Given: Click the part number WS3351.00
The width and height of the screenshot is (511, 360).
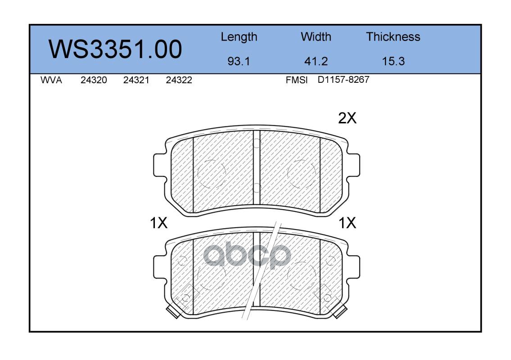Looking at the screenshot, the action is click(x=115, y=49).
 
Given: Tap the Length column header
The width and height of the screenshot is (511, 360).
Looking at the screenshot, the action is click(x=239, y=37).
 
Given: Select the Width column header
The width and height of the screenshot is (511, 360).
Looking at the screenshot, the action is click(x=316, y=36).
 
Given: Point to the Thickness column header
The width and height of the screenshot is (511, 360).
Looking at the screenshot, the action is click(x=393, y=36).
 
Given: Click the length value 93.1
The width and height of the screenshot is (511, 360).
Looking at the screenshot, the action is click(x=239, y=61).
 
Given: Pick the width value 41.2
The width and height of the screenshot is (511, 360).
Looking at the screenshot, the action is click(x=316, y=61).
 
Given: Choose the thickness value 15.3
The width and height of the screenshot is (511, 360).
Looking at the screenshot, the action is click(x=393, y=61).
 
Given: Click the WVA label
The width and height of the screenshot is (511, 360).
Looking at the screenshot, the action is click(x=51, y=80).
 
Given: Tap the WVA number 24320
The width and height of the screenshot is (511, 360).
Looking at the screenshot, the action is click(x=94, y=80).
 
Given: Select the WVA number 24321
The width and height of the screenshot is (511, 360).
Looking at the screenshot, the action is click(x=136, y=80).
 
